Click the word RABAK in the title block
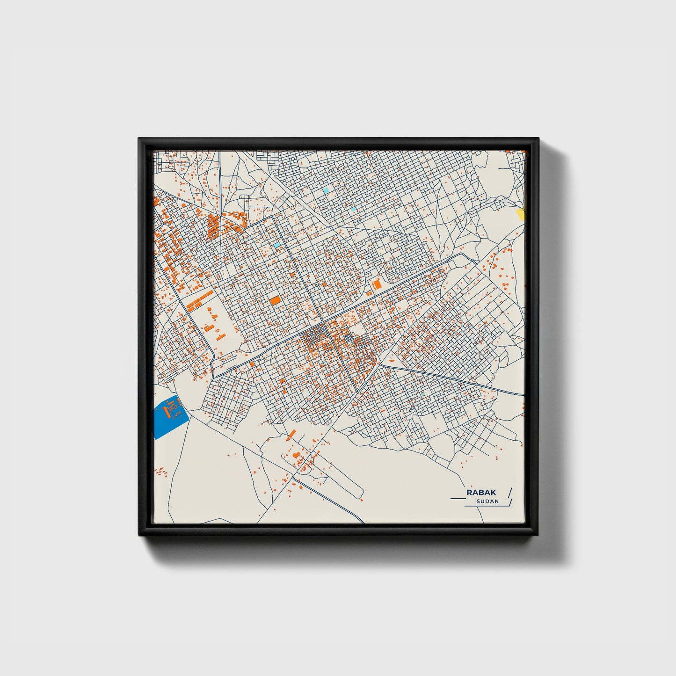click(x=481, y=493)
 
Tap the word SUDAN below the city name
click(x=487, y=502)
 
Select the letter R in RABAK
click(x=469, y=493)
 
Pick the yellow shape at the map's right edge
click(x=520, y=214)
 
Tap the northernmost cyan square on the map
click(x=326, y=191)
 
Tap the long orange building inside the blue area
click(x=165, y=412)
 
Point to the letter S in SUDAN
click(x=478, y=502)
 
